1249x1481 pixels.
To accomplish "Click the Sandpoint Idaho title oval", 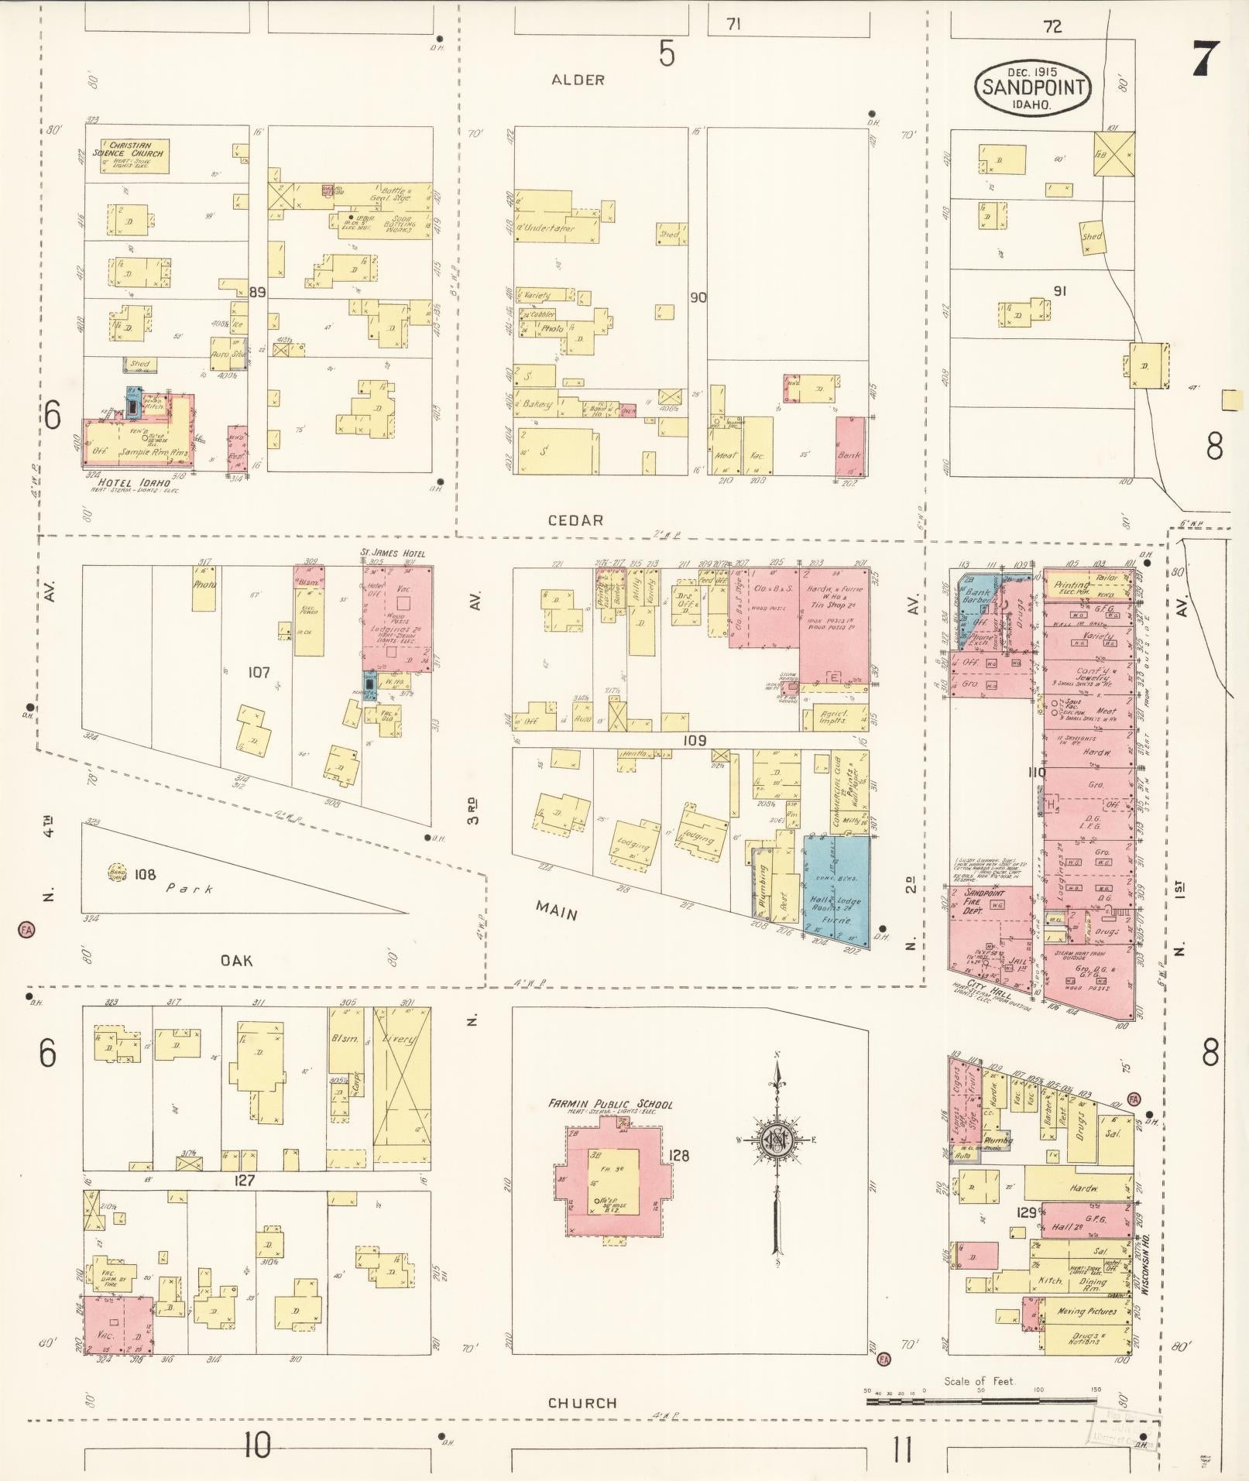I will [1032, 87].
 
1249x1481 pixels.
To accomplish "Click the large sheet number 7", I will [1205, 59].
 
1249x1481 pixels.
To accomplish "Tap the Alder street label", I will [578, 80].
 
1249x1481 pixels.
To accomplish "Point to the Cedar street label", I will [575, 520].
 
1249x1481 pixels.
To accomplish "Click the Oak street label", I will [237, 961].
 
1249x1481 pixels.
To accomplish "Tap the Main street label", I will [557, 914].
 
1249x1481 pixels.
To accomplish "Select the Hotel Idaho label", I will [141, 482].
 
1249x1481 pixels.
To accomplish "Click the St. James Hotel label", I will [393, 554].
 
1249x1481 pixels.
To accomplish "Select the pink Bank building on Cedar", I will [850, 447].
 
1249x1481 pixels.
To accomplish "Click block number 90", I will [698, 297].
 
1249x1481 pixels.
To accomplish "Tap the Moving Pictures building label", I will [1087, 1311].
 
